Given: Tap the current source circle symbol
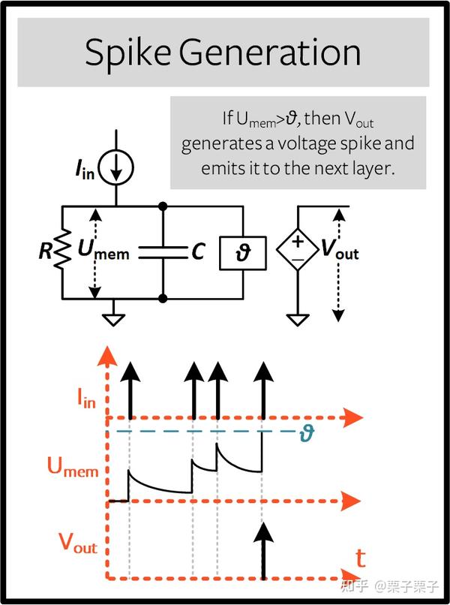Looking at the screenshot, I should [x=115, y=167].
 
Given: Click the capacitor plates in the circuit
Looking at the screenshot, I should [x=163, y=252].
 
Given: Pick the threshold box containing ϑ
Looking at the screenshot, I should [x=243, y=254].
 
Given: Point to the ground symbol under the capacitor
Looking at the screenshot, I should [x=114, y=319].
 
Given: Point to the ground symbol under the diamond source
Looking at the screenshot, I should [x=298, y=319].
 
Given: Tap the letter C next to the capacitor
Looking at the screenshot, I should [x=198, y=252].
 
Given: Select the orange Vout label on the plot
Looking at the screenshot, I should [x=78, y=544].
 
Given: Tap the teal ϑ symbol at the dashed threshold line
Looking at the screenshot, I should [x=306, y=432].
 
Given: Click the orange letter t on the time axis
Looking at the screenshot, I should [x=361, y=558].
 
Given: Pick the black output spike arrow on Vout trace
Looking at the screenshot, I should [x=262, y=552].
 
